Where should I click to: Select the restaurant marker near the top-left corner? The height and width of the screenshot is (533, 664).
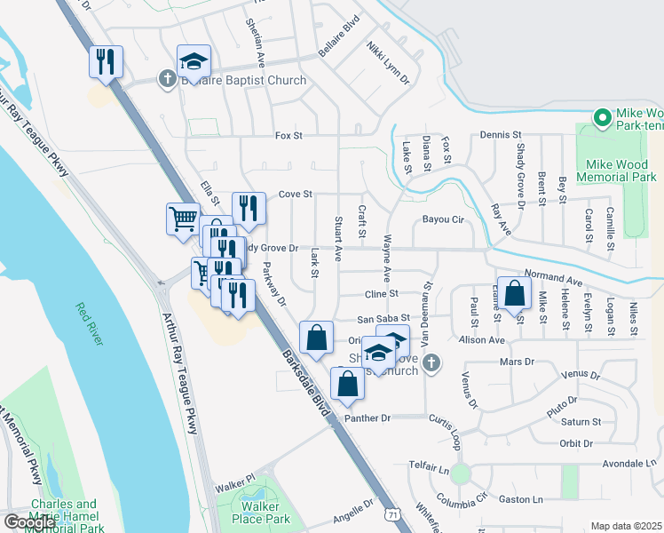coord(105,61)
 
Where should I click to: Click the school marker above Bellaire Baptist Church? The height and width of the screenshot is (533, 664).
coord(194,61)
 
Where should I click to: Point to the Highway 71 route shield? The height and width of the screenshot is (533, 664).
coord(393,514)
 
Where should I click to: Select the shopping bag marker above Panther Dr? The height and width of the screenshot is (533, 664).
coord(347,384)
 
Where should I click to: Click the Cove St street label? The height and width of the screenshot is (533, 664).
coord(296,193)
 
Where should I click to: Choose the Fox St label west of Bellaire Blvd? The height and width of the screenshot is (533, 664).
coord(289,136)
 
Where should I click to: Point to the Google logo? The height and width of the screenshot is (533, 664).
coord(29,522)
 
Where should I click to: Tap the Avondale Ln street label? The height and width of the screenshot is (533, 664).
coord(628,464)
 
